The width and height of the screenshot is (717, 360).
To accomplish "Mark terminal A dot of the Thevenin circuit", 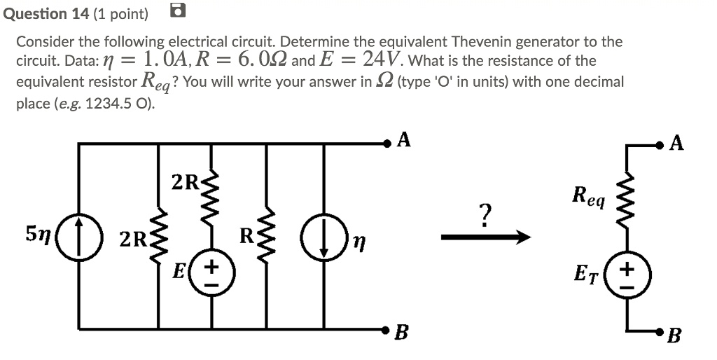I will (659, 146).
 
